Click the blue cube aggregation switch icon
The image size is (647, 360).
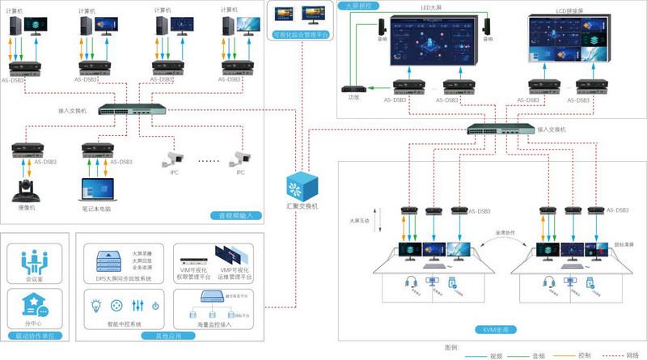(302, 184)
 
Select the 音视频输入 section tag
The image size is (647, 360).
(237, 216)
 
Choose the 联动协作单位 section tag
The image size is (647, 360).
(36, 335)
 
